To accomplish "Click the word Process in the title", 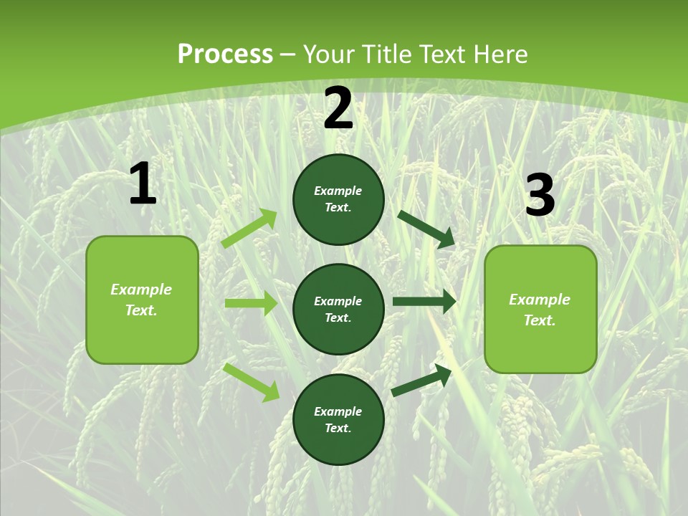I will click(225, 54).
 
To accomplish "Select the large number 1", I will click(143, 184).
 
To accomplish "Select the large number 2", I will click(338, 109).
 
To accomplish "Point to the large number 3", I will click(540, 196).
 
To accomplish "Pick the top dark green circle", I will click(338, 199).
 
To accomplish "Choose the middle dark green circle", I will click(338, 309).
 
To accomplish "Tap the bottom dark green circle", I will click(338, 419).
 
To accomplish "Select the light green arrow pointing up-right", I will click(249, 229).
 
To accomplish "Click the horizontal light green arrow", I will click(251, 303).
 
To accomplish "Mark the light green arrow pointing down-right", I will click(252, 382).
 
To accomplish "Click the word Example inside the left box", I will click(141, 290).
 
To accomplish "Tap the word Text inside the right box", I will click(539, 320).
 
